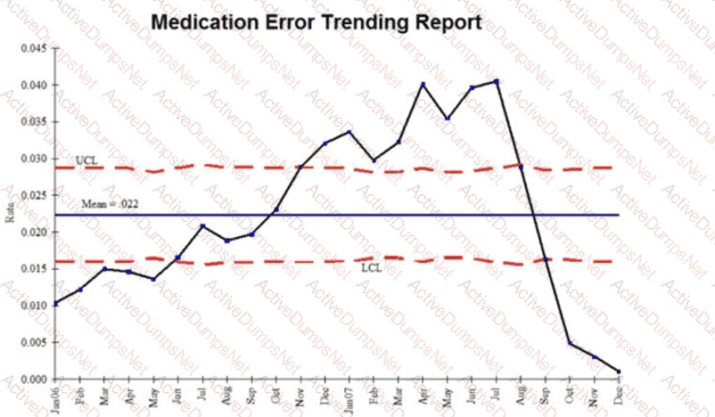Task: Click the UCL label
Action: click(86, 159)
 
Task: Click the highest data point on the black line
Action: click(497, 81)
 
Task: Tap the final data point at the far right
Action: click(619, 372)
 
